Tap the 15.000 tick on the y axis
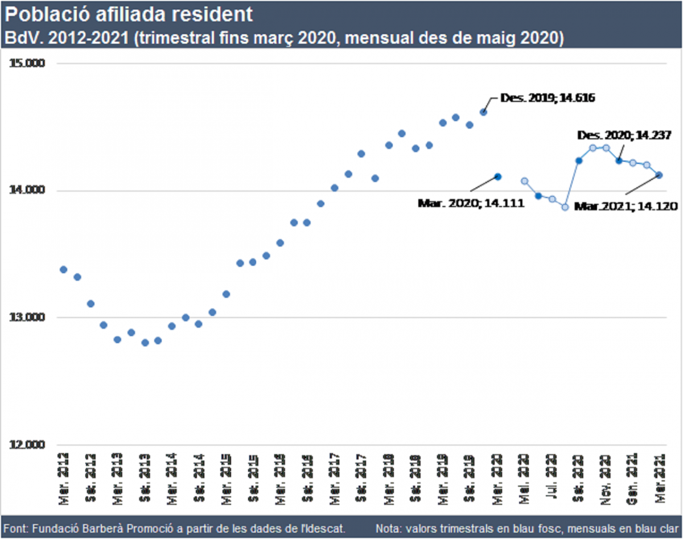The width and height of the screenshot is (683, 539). [28, 64]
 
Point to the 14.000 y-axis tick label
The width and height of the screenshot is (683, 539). [28, 191]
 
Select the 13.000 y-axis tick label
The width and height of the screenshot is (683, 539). [28, 318]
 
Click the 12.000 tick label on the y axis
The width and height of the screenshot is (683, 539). [28, 445]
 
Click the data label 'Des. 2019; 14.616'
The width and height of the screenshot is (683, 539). [548, 98]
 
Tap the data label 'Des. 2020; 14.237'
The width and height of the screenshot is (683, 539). [625, 135]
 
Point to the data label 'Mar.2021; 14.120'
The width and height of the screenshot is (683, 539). [625, 207]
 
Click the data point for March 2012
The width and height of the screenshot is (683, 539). [64, 269]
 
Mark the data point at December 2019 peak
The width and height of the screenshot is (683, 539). [483, 112]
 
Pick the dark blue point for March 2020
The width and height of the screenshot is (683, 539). [497, 177]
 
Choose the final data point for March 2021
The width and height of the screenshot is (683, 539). [660, 175]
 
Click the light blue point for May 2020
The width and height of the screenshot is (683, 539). [525, 181]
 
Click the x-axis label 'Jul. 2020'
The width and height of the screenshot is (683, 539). [551, 472]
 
